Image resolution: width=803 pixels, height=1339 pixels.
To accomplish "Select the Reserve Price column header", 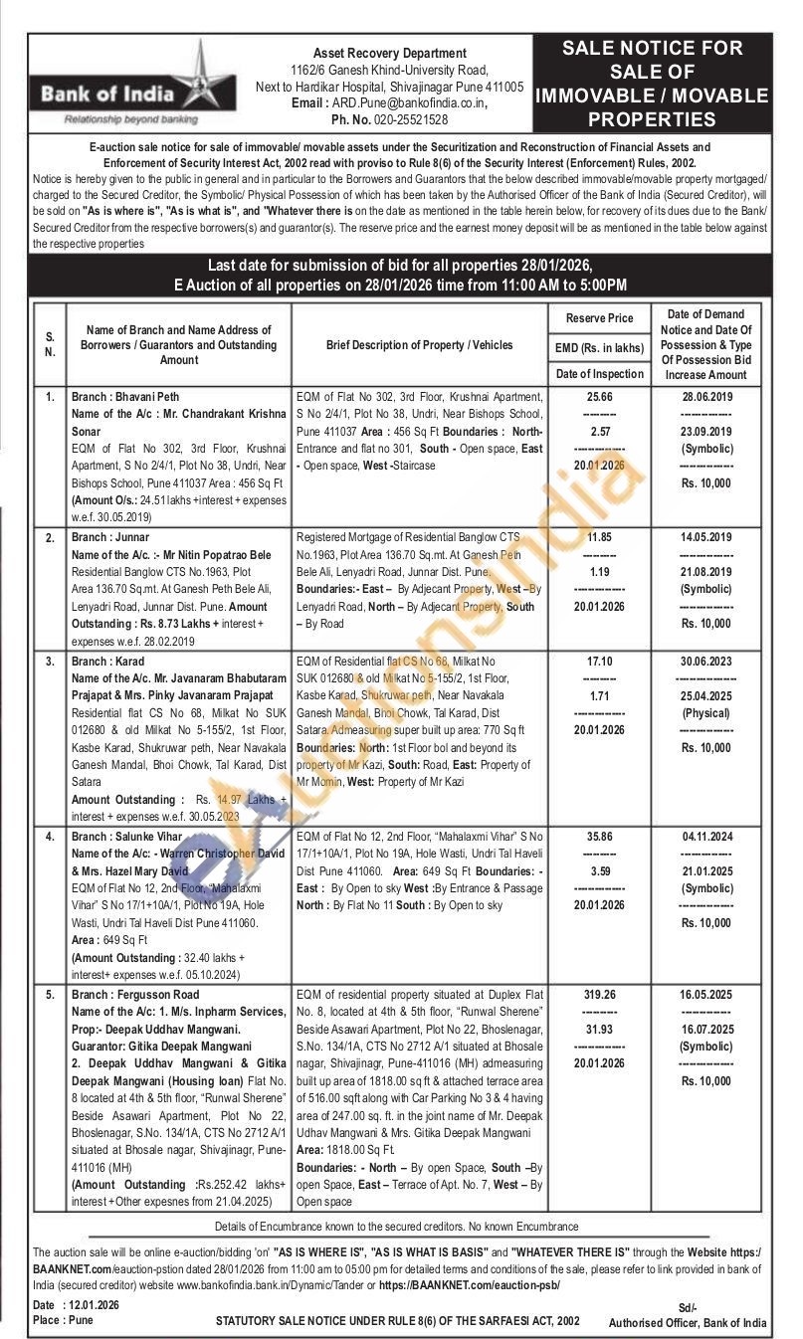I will click(x=599, y=318).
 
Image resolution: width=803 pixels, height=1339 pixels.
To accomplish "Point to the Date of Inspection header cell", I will click(x=599, y=373).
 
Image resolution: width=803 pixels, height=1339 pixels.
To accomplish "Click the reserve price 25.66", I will click(x=599, y=395).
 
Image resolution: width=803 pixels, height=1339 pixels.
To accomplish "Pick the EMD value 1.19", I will click(x=599, y=572).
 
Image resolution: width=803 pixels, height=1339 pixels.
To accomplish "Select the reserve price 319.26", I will click(x=599, y=994).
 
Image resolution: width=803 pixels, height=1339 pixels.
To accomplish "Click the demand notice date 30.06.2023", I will click(x=705, y=658).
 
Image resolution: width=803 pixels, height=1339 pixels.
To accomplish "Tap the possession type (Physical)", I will click(x=705, y=712).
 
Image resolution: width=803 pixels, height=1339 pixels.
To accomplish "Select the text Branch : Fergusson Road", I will click(x=135, y=994).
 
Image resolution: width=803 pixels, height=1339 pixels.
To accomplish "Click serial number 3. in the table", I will click(x=50, y=658).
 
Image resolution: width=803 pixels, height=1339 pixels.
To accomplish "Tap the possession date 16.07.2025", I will click(x=705, y=1029).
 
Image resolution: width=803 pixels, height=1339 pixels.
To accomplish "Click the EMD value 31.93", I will click(x=599, y=1029).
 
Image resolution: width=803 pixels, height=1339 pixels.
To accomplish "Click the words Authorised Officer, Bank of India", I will click(x=688, y=1322).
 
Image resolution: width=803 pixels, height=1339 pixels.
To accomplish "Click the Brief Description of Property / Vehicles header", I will click(x=420, y=344).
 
